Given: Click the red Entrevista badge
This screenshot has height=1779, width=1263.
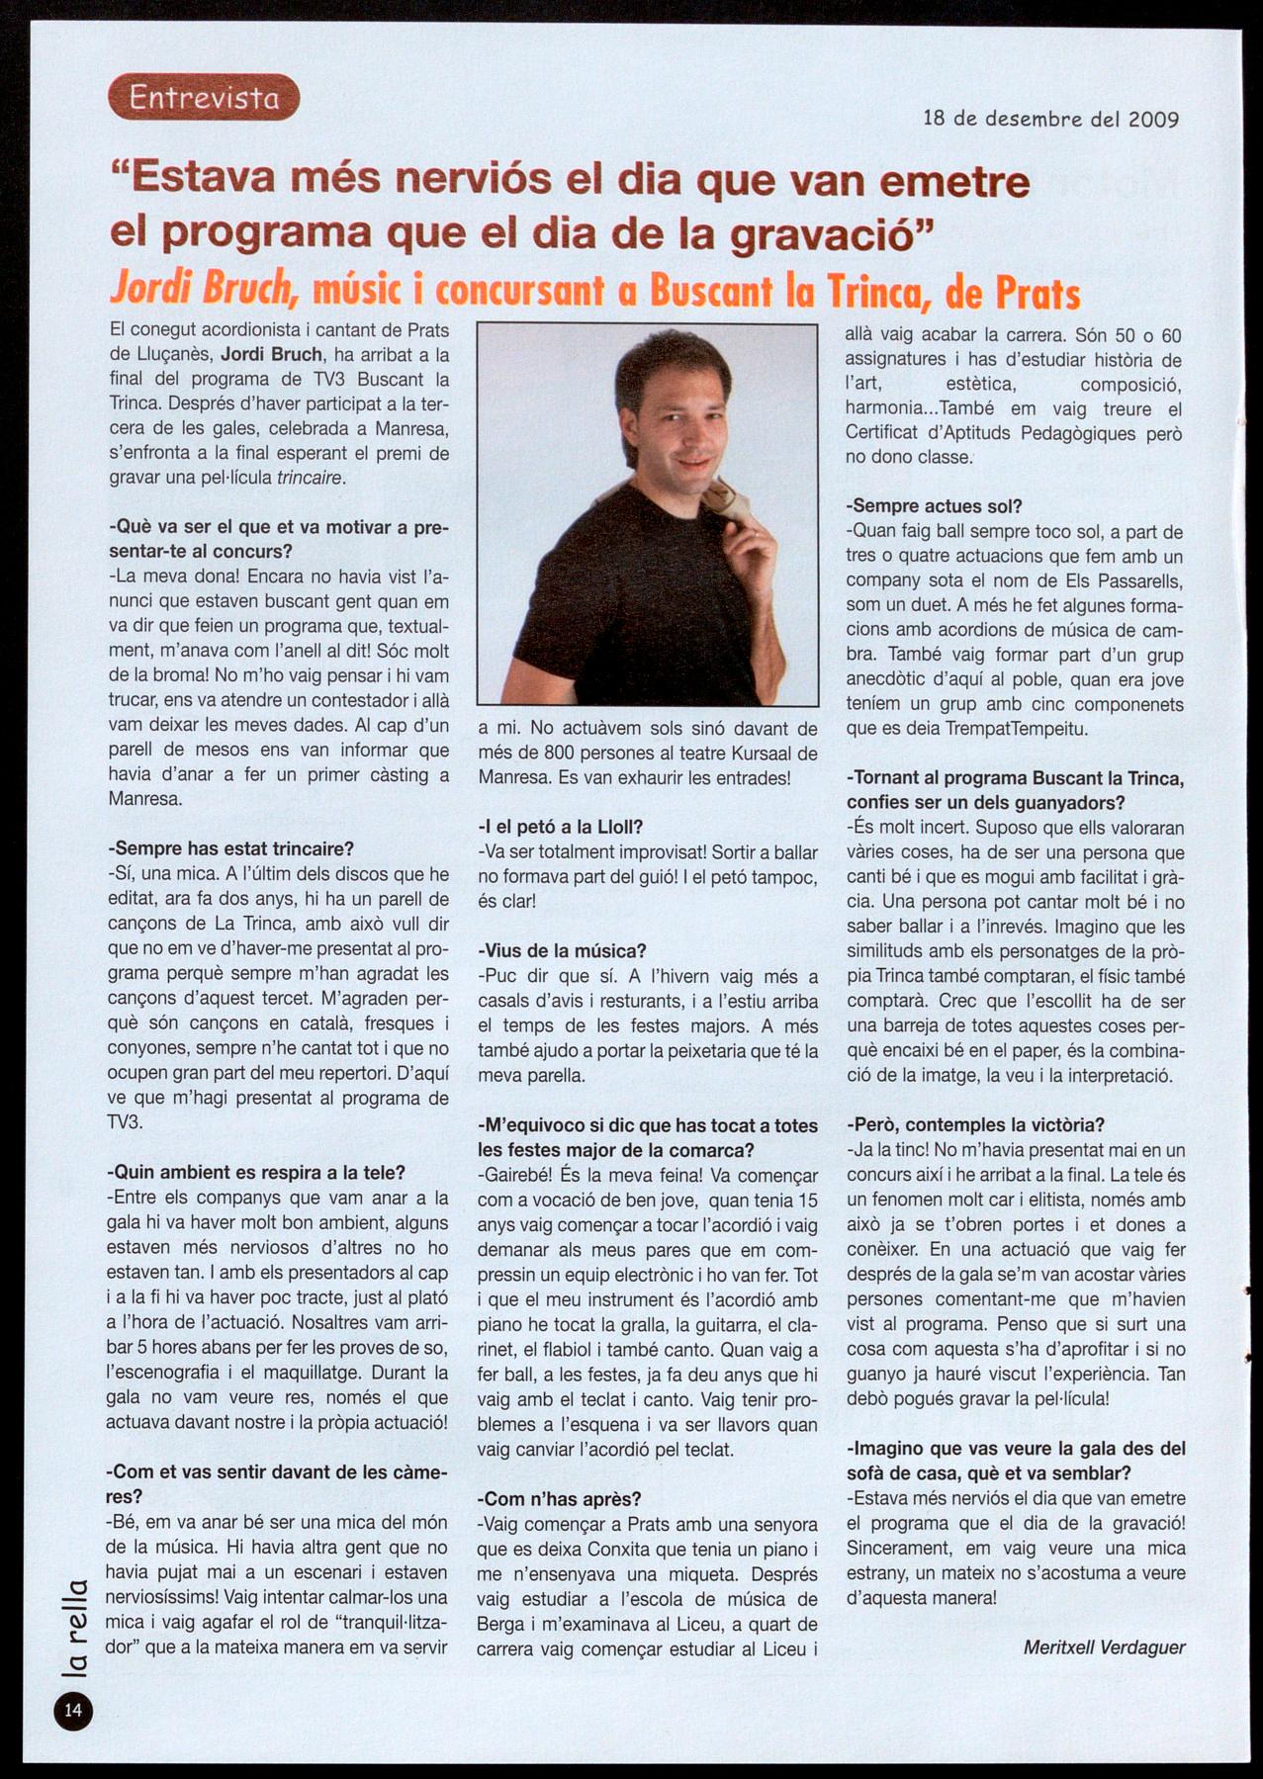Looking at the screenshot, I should click(203, 98).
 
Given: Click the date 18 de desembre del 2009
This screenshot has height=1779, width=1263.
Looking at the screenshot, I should click(1050, 120).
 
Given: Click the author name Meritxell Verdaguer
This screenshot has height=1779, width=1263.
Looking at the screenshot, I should click(1104, 1646).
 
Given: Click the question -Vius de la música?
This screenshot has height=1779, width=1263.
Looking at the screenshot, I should click(561, 951).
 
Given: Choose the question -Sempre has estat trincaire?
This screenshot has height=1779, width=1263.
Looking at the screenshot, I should click(229, 848).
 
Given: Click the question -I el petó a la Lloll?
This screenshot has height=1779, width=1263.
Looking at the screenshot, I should click(560, 827).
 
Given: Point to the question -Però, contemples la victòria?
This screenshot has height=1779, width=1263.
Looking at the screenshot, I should click(975, 1125).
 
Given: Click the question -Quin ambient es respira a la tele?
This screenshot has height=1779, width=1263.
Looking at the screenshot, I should click(255, 1173).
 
